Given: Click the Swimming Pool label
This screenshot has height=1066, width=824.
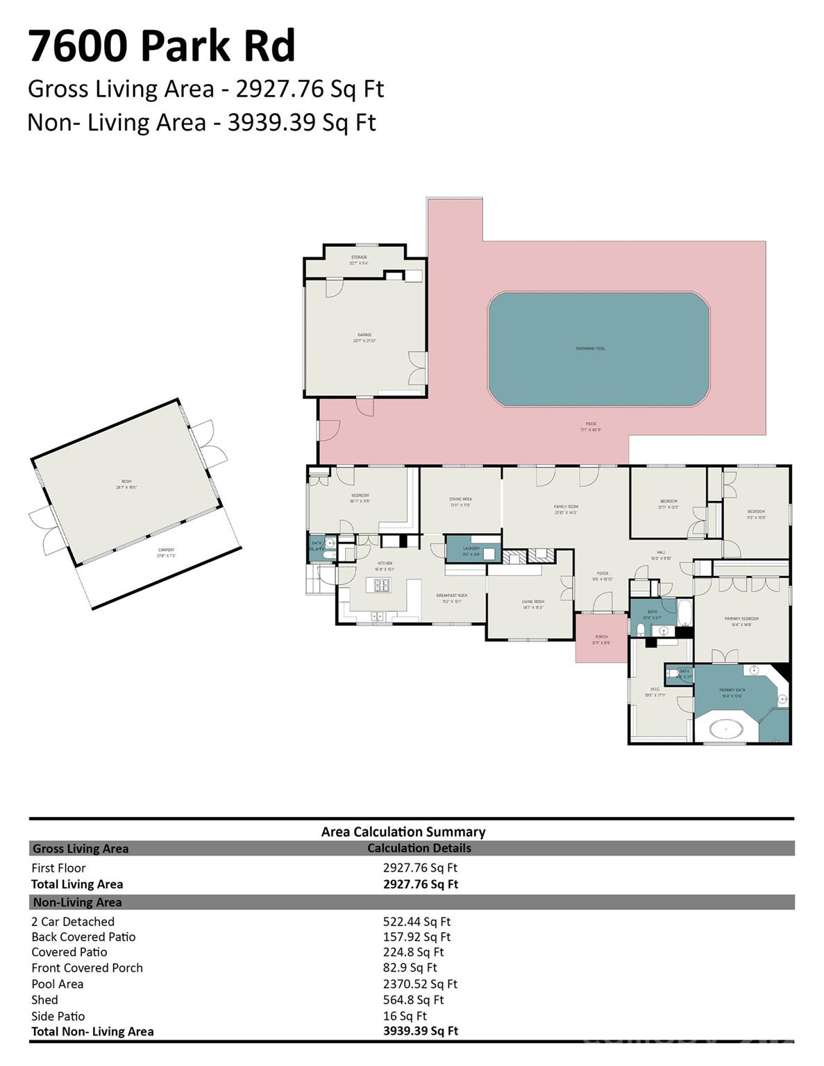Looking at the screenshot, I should (x=590, y=348).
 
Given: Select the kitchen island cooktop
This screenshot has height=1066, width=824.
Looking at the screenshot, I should (x=382, y=585).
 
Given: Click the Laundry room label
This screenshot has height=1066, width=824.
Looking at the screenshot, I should (x=471, y=549).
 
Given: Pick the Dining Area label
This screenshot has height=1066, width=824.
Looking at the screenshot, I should (x=460, y=499).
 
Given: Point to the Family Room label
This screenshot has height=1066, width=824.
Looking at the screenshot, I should (x=566, y=507).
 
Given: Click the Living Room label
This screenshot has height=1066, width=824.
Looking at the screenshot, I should (x=533, y=602).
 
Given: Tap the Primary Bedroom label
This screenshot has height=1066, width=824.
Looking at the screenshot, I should (x=741, y=618).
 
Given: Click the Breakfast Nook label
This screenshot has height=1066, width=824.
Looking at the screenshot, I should (x=451, y=595).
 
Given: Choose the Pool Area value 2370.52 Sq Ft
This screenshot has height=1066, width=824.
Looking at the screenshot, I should (x=420, y=984).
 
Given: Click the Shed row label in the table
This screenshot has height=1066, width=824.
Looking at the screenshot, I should (x=44, y=1000).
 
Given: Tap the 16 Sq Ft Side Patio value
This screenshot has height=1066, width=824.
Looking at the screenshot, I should (x=405, y=1016).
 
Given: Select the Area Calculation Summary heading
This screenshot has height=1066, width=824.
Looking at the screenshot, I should (x=403, y=831).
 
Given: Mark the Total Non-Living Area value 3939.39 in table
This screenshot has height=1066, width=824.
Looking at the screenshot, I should (x=420, y=1031).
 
